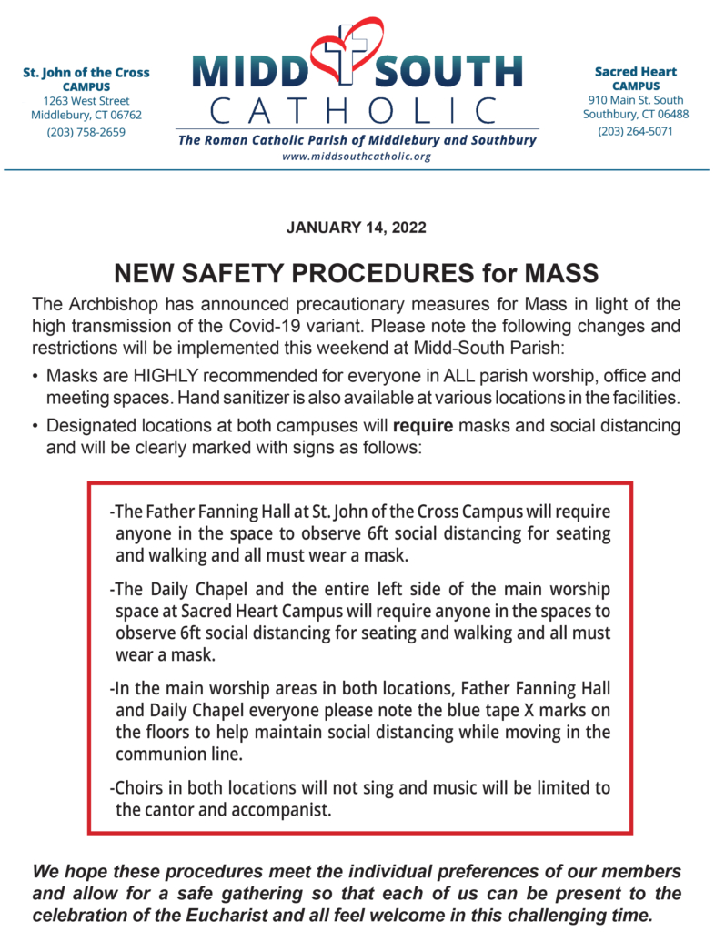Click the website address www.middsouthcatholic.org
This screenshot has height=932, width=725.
[x=356, y=157]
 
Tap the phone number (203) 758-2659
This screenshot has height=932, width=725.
[x=86, y=132]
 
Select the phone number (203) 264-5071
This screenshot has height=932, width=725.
[x=635, y=131]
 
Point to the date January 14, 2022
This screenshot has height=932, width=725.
[x=356, y=228]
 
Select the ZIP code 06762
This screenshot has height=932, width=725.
[x=124, y=116]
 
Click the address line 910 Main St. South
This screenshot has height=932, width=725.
[x=635, y=100]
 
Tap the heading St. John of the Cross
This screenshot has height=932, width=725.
[x=86, y=73]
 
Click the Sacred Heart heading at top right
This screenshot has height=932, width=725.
[x=635, y=71]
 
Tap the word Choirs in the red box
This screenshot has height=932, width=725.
[x=137, y=788]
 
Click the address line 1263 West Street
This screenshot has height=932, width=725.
[x=86, y=101]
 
